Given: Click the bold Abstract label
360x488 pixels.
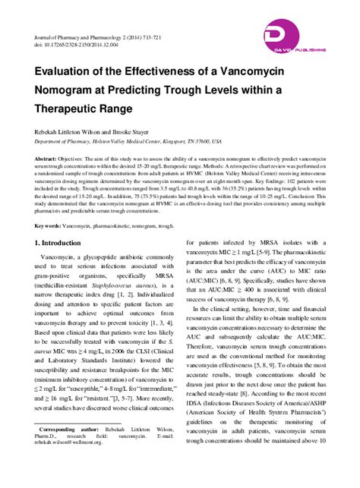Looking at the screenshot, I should (49, 159).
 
